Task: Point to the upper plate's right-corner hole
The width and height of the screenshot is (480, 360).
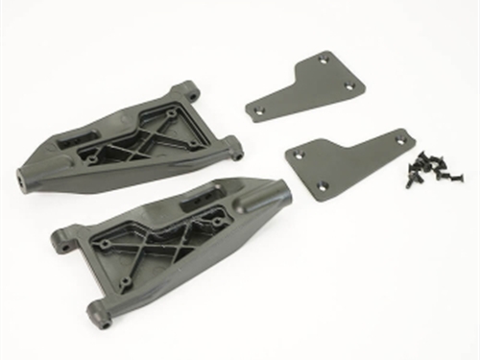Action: (x=348, y=85)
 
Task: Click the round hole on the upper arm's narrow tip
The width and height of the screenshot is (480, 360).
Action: (x=20, y=177)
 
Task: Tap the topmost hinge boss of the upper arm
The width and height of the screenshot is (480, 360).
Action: (x=187, y=92)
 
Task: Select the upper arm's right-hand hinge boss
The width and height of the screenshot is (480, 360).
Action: (x=234, y=148)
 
